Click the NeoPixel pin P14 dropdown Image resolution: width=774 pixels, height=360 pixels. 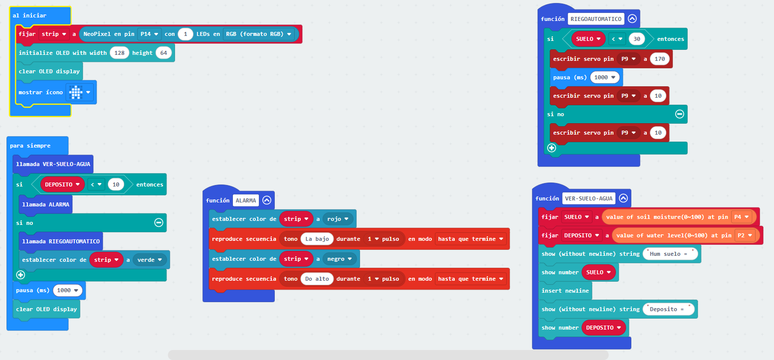click(149, 34)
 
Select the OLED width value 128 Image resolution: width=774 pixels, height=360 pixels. click(119, 53)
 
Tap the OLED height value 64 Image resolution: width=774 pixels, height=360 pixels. click(164, 53)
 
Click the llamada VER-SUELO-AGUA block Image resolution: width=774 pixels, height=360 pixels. click(53, 164)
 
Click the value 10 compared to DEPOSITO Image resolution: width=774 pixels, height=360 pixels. click(116, 184)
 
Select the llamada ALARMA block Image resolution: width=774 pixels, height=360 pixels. click(45, 204)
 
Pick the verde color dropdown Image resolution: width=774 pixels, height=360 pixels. click(150, 260)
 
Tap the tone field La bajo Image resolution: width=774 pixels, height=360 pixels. click(317, 239)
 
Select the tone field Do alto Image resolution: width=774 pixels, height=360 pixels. click(317, 279)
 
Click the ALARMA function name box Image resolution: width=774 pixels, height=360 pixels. click(246, 200)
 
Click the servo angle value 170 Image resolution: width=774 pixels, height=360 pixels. click(660, 59)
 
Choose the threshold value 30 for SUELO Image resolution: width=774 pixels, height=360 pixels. click(637, 39)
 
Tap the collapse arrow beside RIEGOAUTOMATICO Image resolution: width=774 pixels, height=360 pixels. click(632, 18)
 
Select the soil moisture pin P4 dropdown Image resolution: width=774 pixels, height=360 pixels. click(742, 217)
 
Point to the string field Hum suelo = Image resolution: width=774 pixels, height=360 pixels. click(670, 254)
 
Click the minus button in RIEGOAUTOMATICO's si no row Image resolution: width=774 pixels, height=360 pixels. click(679, 114)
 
